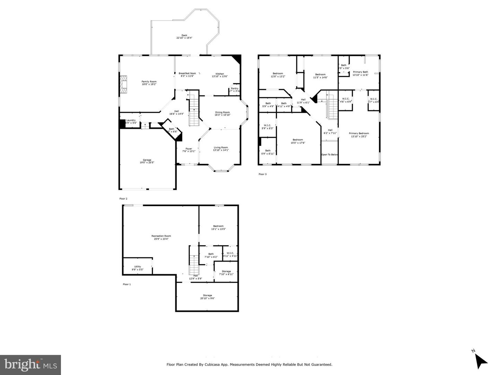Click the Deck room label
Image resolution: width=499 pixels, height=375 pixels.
[184, 35]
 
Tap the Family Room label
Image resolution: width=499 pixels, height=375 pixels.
[149, 82]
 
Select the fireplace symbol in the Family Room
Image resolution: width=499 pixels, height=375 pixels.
[123, 84]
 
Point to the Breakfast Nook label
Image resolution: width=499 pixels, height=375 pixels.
[187, 74]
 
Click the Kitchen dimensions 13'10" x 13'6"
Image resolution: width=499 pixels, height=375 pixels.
[220, 76]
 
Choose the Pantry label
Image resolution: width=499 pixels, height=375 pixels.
[235, 88]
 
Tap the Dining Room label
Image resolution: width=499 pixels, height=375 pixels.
[222, 112]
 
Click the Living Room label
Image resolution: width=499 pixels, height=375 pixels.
[221, 147]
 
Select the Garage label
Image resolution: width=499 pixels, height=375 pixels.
[147, 160]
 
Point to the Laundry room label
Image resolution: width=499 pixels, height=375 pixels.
[131, 120]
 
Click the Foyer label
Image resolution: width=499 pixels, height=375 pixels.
[189, 149]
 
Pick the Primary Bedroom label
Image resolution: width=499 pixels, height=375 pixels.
[359, 134]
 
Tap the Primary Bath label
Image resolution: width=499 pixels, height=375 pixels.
[360, 72]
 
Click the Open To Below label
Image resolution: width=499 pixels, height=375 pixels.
[330, 155]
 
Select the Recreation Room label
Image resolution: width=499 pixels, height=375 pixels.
[161, 236]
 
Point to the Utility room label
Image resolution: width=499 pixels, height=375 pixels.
[138, 267]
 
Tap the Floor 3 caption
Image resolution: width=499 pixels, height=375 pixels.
[263, 174]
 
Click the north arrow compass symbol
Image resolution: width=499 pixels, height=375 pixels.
[480, 361]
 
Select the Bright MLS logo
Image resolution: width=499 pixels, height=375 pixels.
[30, 365]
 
